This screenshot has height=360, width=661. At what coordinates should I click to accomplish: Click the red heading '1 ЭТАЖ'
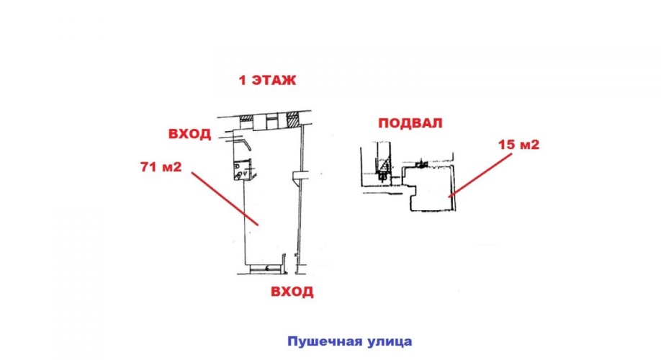[x=267, y=80]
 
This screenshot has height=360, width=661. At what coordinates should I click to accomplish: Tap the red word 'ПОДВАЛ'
[x=410, y=123]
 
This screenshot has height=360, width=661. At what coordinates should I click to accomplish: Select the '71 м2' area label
[x=161, y=167]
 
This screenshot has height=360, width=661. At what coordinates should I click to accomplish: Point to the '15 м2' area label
[x=519, y=145]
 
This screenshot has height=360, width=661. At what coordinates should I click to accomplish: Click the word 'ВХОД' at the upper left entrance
[x=189, y=134]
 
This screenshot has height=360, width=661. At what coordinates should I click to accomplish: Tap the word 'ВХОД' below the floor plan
[x=292, y=292]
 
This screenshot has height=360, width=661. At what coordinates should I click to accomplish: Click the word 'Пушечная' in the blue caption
[x=323, y=341]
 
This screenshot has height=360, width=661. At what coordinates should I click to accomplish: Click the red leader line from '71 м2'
[x=225, y=199]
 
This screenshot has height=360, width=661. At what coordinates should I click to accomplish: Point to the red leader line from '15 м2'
[x=481, y=176]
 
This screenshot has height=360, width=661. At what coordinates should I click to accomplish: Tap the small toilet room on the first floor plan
[x=243, y=169]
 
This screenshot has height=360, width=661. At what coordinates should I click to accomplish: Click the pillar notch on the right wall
[x=299, y=176]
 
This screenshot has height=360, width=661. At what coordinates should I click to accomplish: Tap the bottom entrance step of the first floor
[x=266, y=268]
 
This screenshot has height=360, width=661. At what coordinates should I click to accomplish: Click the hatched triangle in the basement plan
[x=383, y=168]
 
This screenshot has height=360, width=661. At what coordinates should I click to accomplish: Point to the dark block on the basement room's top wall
[x=421, y=163]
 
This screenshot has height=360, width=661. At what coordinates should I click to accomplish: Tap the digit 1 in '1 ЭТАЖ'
[x=242, y=80]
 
